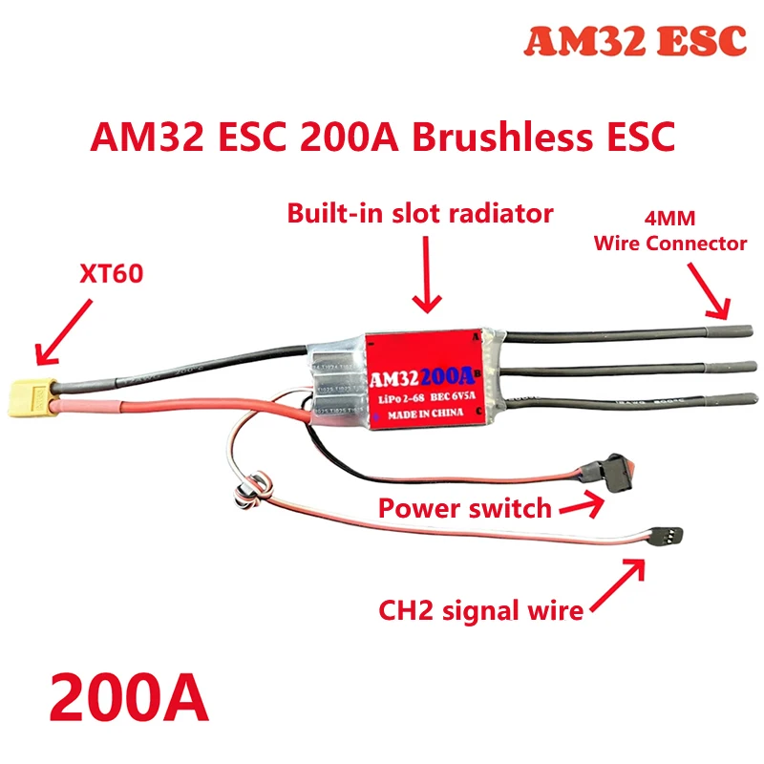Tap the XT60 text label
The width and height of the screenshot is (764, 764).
[x=108, y=276]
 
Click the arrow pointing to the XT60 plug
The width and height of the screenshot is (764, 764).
[x=63, y=331]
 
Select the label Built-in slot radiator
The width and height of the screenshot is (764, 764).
[x=419, y=213]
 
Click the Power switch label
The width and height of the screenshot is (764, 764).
[x=464, y=507]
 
